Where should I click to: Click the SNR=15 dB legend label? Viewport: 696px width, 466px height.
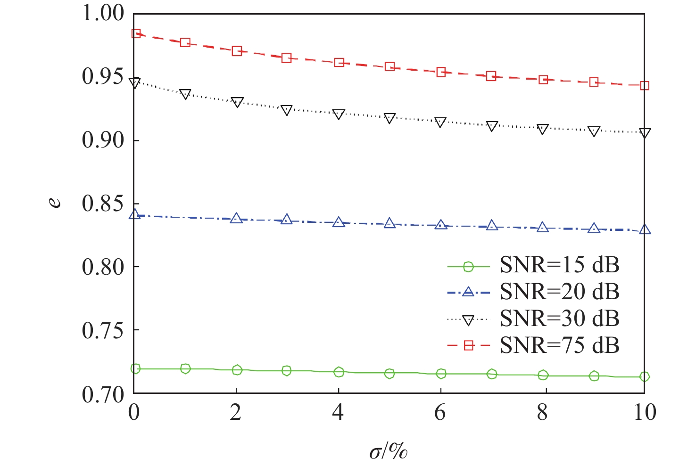559,265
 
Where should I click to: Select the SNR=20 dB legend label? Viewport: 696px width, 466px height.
559,292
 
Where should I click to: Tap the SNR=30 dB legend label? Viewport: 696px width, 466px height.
559,319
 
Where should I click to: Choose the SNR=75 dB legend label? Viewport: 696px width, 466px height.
559,346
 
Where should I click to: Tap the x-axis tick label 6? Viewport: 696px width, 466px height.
440,412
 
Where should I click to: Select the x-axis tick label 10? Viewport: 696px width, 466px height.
644,412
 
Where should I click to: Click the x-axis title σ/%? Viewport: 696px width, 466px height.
388,452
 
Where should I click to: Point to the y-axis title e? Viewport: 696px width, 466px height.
56,202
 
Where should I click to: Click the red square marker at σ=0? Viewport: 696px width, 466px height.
136,34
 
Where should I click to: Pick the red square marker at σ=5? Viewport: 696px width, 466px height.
389,67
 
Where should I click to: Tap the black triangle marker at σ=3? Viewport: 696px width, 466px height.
286,110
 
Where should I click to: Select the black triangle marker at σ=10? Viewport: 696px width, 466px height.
645,133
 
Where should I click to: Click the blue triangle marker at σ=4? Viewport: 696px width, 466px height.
338,222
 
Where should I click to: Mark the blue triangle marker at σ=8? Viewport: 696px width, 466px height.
543,228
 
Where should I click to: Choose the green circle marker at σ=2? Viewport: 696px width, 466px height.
237,370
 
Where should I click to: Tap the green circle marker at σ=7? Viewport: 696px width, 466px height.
492,374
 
